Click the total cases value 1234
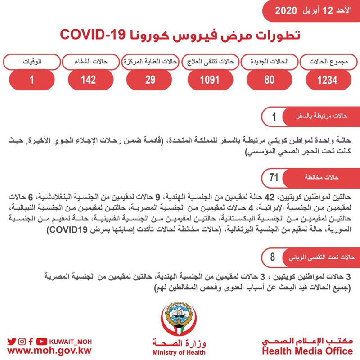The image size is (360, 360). (327, 80)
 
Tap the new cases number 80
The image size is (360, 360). (269, 80)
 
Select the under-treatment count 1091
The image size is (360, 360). (210, 80)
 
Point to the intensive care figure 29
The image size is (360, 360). (151, 80)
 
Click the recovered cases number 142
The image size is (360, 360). (89, 80)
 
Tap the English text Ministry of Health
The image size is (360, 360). (179, 353)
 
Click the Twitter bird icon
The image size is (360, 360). (12, 341)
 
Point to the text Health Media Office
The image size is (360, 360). (307, 351)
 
